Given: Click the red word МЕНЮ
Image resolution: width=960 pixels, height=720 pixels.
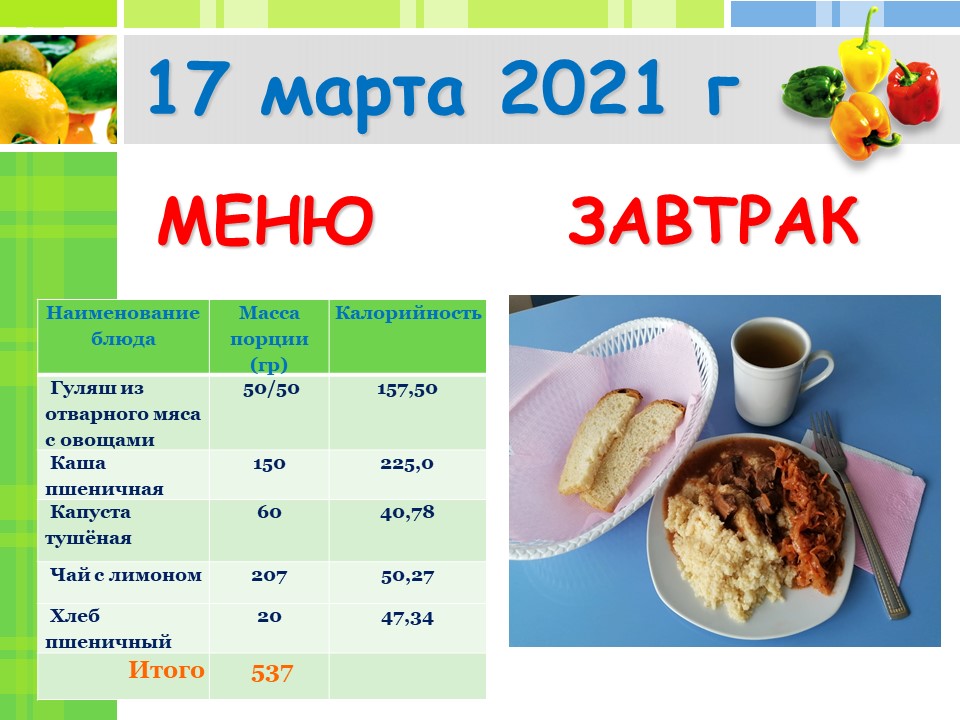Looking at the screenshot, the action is [265, 220].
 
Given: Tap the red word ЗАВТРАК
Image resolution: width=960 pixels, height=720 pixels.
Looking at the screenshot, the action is [714, 220].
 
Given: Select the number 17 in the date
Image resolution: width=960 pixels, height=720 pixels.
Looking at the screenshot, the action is [189, 87].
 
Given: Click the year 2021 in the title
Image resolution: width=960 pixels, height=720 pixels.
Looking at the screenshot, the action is [582, 87].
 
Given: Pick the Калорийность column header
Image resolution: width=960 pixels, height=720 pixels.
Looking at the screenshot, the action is [408, 313].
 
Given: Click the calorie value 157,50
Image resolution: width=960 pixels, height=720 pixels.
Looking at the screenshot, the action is [407, 389].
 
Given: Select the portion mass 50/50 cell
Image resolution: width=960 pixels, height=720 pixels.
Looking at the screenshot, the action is [271, 389].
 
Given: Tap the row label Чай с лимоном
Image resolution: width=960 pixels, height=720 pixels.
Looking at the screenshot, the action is [126, 575].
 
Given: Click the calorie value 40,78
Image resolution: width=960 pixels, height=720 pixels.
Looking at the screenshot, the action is [407, 512].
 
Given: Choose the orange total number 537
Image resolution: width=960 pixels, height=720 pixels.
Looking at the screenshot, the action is [272, 673].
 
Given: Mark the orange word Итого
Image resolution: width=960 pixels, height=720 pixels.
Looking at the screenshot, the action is [166, 670].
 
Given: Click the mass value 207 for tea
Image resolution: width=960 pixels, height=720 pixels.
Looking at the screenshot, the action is [269, 576].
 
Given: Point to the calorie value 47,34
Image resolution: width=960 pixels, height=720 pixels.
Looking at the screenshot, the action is [407, 618].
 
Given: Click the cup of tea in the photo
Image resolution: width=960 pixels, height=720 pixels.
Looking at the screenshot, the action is [773, 370].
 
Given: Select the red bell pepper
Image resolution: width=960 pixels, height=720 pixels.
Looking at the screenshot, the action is [913, 92].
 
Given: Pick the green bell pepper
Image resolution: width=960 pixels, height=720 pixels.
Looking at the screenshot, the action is [813, 91].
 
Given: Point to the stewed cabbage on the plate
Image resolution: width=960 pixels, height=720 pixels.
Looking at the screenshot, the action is [808, 520].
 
